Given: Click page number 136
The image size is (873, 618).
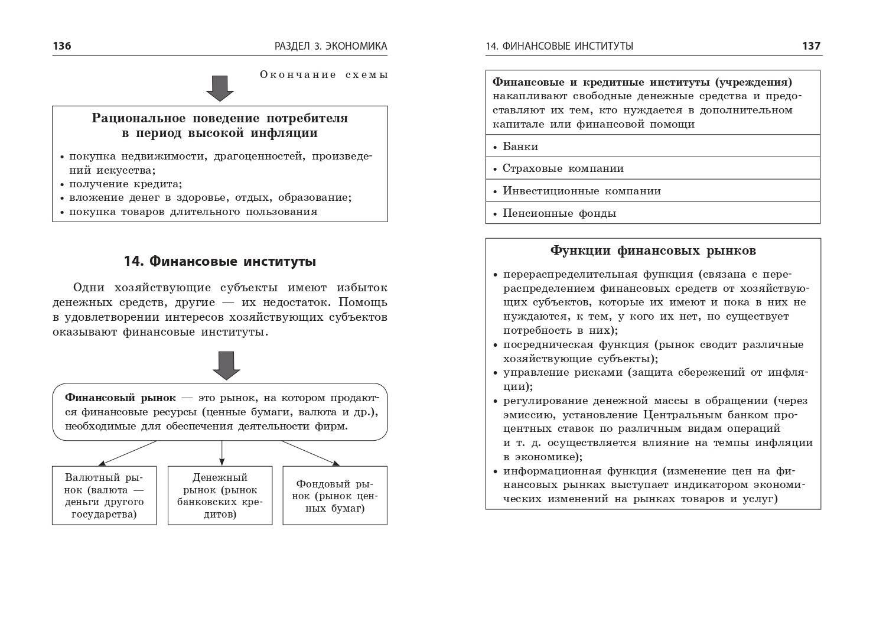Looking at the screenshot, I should [62, 46].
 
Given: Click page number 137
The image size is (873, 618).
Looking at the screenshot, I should [811, 46].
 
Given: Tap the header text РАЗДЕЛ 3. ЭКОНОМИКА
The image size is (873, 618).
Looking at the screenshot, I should [331, 46].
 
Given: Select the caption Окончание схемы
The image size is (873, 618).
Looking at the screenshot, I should [324, 74].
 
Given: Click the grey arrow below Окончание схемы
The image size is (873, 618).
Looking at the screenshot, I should [220, 88].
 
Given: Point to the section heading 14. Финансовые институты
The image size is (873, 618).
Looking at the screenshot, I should [220, 261].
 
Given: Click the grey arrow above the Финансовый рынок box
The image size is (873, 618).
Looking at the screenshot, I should [226, 365].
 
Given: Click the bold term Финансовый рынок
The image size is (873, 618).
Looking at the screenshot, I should [120, 398].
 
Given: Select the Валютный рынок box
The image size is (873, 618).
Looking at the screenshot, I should [104, 495].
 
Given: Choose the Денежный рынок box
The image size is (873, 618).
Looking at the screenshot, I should [220, 495].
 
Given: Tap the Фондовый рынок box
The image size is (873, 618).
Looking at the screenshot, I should [335, 495].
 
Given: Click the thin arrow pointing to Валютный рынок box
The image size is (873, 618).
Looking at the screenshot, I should [127, 453].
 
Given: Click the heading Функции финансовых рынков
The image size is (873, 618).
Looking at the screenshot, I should [653, 251].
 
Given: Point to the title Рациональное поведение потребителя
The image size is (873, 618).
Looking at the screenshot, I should [220, 118].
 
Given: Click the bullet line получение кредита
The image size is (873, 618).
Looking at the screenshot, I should [125, 184].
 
